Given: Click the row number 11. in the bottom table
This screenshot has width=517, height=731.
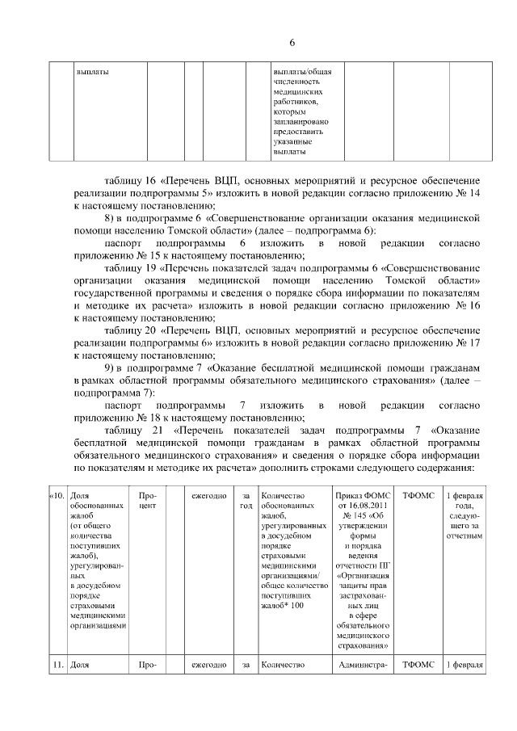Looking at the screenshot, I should pyautogui.click(x=57, y=664).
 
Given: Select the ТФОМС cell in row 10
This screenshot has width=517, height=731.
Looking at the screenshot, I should pyautogui.click(x=418, y=495).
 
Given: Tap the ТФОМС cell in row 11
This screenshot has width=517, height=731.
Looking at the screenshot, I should pyautogui.click(x=418, y=664).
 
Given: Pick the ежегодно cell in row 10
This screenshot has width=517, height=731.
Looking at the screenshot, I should pyautogui.click(x=208, y=495).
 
